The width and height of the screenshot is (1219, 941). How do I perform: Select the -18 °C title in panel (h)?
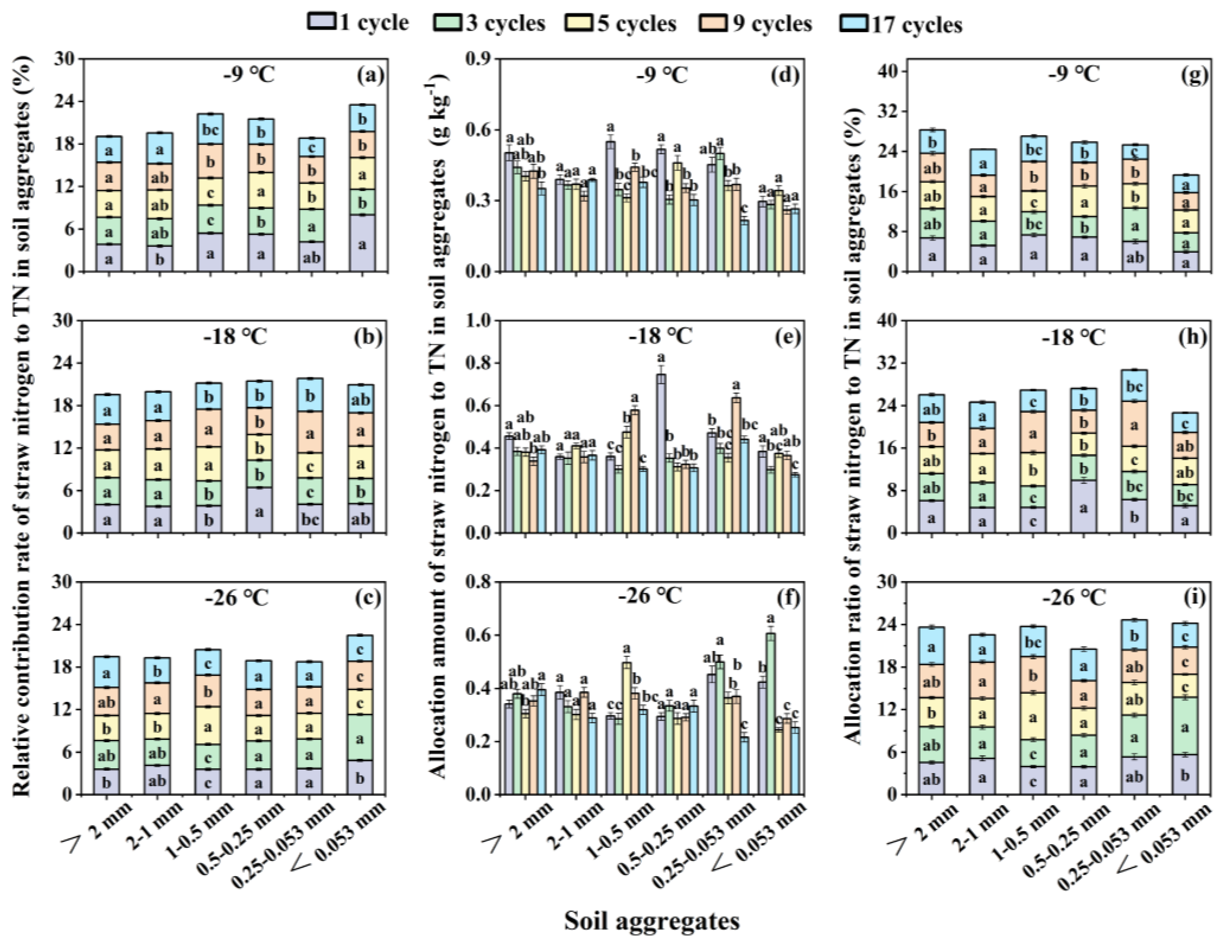point(1073,337)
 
